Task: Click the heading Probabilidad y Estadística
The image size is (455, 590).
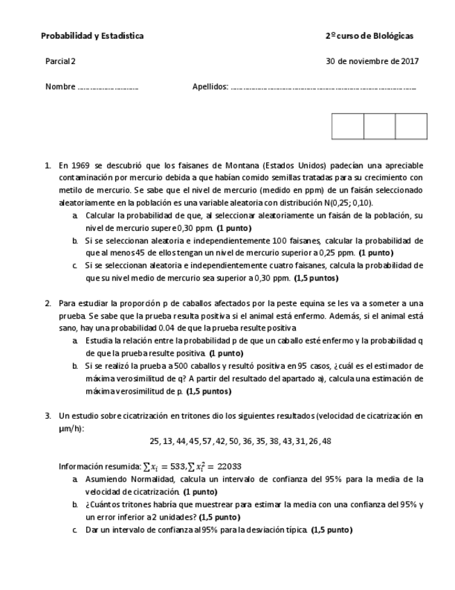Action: pyautogui.click(x=92, y=36)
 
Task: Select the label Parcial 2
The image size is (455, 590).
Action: pyautogui.click(x=60, y=61)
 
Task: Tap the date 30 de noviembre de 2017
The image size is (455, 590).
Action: pyautogui.click(x=372, y=61)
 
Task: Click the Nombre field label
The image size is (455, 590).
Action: pyautogui.click(x=60, y=87)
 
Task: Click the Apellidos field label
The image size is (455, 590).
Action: pyautogui.click(x=210, y=87)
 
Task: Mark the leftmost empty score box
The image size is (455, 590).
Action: pyautogui.click(x=348, y=127)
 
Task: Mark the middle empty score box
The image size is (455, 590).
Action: pyautogui.click(x=379, y=127)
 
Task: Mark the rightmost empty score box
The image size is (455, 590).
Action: pyautogui.click(x=411, y=127)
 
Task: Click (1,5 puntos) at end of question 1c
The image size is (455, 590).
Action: pyautogui.click(x=316, y=278)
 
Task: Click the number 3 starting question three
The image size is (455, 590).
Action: pyautogui.click(x=48, y=416)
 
